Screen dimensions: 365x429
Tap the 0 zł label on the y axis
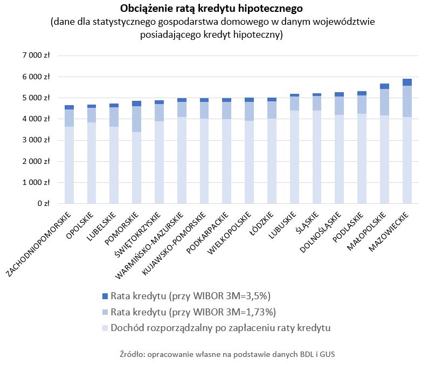click(x=44, y=204)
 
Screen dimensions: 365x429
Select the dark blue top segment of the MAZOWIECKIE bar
click(x=407, y=82)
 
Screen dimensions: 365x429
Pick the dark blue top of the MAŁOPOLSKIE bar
click(x=384, y=86)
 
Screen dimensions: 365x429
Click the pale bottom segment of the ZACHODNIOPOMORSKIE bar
click(x=69, y=165)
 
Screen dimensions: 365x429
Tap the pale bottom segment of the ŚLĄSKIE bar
click(x=317, y=157)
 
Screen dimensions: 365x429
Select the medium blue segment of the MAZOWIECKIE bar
click(x=407, y=101)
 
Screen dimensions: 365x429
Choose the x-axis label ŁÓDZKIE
click(x=266, y=222)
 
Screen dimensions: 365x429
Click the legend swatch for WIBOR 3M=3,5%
click(x=105, y=296)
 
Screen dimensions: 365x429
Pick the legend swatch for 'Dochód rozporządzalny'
click(x=105, y=328)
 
